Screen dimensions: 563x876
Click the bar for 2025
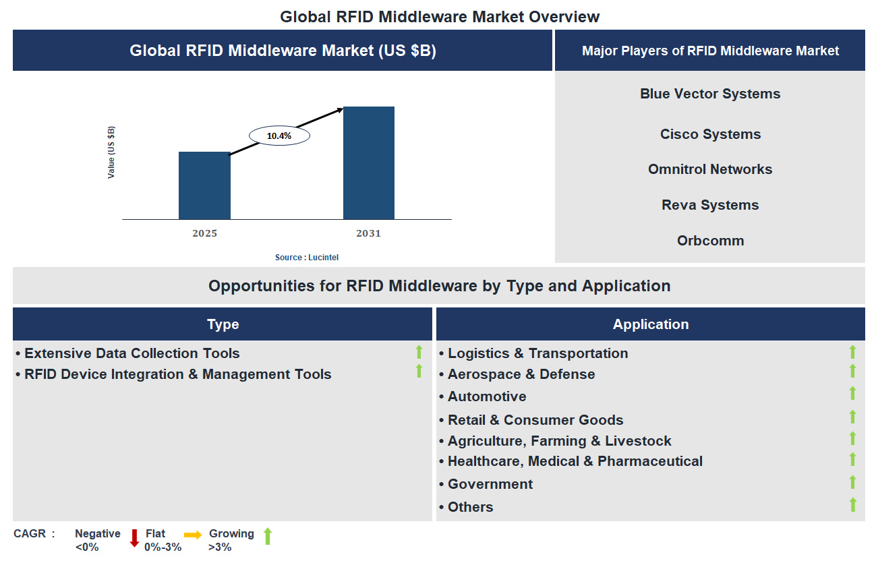[204, 185]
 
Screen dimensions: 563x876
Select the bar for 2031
[369, 162]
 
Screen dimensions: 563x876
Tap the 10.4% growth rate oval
[279, 136]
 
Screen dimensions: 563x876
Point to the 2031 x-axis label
[369, 233]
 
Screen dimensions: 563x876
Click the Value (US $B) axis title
[111, 152]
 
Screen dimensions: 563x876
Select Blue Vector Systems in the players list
[710, 94]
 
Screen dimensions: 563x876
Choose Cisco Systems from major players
[710, 134]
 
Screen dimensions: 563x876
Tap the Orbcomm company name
[710, 241]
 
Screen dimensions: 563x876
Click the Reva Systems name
[710, 205]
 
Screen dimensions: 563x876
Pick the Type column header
[223, 324]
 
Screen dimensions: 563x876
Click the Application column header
[651, 324]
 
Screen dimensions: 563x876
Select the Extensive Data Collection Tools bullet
[132, 353]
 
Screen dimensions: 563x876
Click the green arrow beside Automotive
[852, 394]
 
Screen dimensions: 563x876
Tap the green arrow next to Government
[852, 482]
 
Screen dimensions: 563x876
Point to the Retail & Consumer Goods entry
[535, 420]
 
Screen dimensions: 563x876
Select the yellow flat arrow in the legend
[193, 535]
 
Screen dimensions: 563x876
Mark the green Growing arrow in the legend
[268, 537]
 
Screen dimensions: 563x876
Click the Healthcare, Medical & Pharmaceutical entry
[575, 461]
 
